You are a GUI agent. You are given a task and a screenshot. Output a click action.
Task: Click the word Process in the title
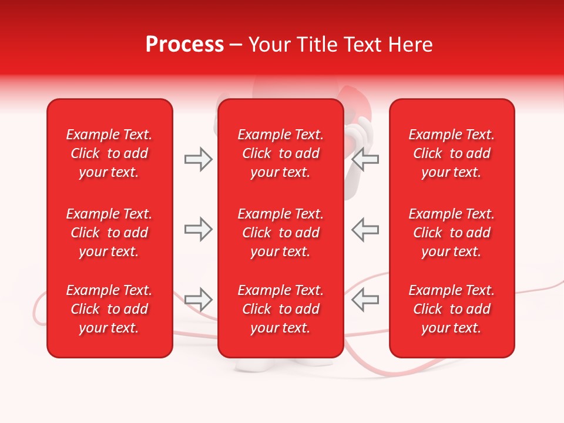[184, 45]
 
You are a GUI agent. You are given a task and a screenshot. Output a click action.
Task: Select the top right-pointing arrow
[198, 159]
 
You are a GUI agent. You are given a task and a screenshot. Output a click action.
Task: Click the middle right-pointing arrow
[198, 229]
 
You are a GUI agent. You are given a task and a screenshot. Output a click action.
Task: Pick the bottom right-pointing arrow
[198, 300]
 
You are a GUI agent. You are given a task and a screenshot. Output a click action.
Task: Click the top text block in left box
[109, 153]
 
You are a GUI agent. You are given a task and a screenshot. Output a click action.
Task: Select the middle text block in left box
[109, 233]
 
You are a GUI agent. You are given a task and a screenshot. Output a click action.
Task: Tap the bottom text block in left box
[109, 309]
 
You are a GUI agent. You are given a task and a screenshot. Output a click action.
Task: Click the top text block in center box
[280, 153]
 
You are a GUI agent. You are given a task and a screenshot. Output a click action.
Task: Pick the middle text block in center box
[280, 233]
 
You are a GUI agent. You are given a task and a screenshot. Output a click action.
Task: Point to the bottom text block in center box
[280, 309]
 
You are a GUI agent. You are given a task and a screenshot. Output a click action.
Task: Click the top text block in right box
[451, 153]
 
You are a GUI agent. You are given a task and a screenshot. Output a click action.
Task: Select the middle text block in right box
[451, 233]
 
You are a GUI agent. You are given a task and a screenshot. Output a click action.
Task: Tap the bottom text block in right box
[451, 309]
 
